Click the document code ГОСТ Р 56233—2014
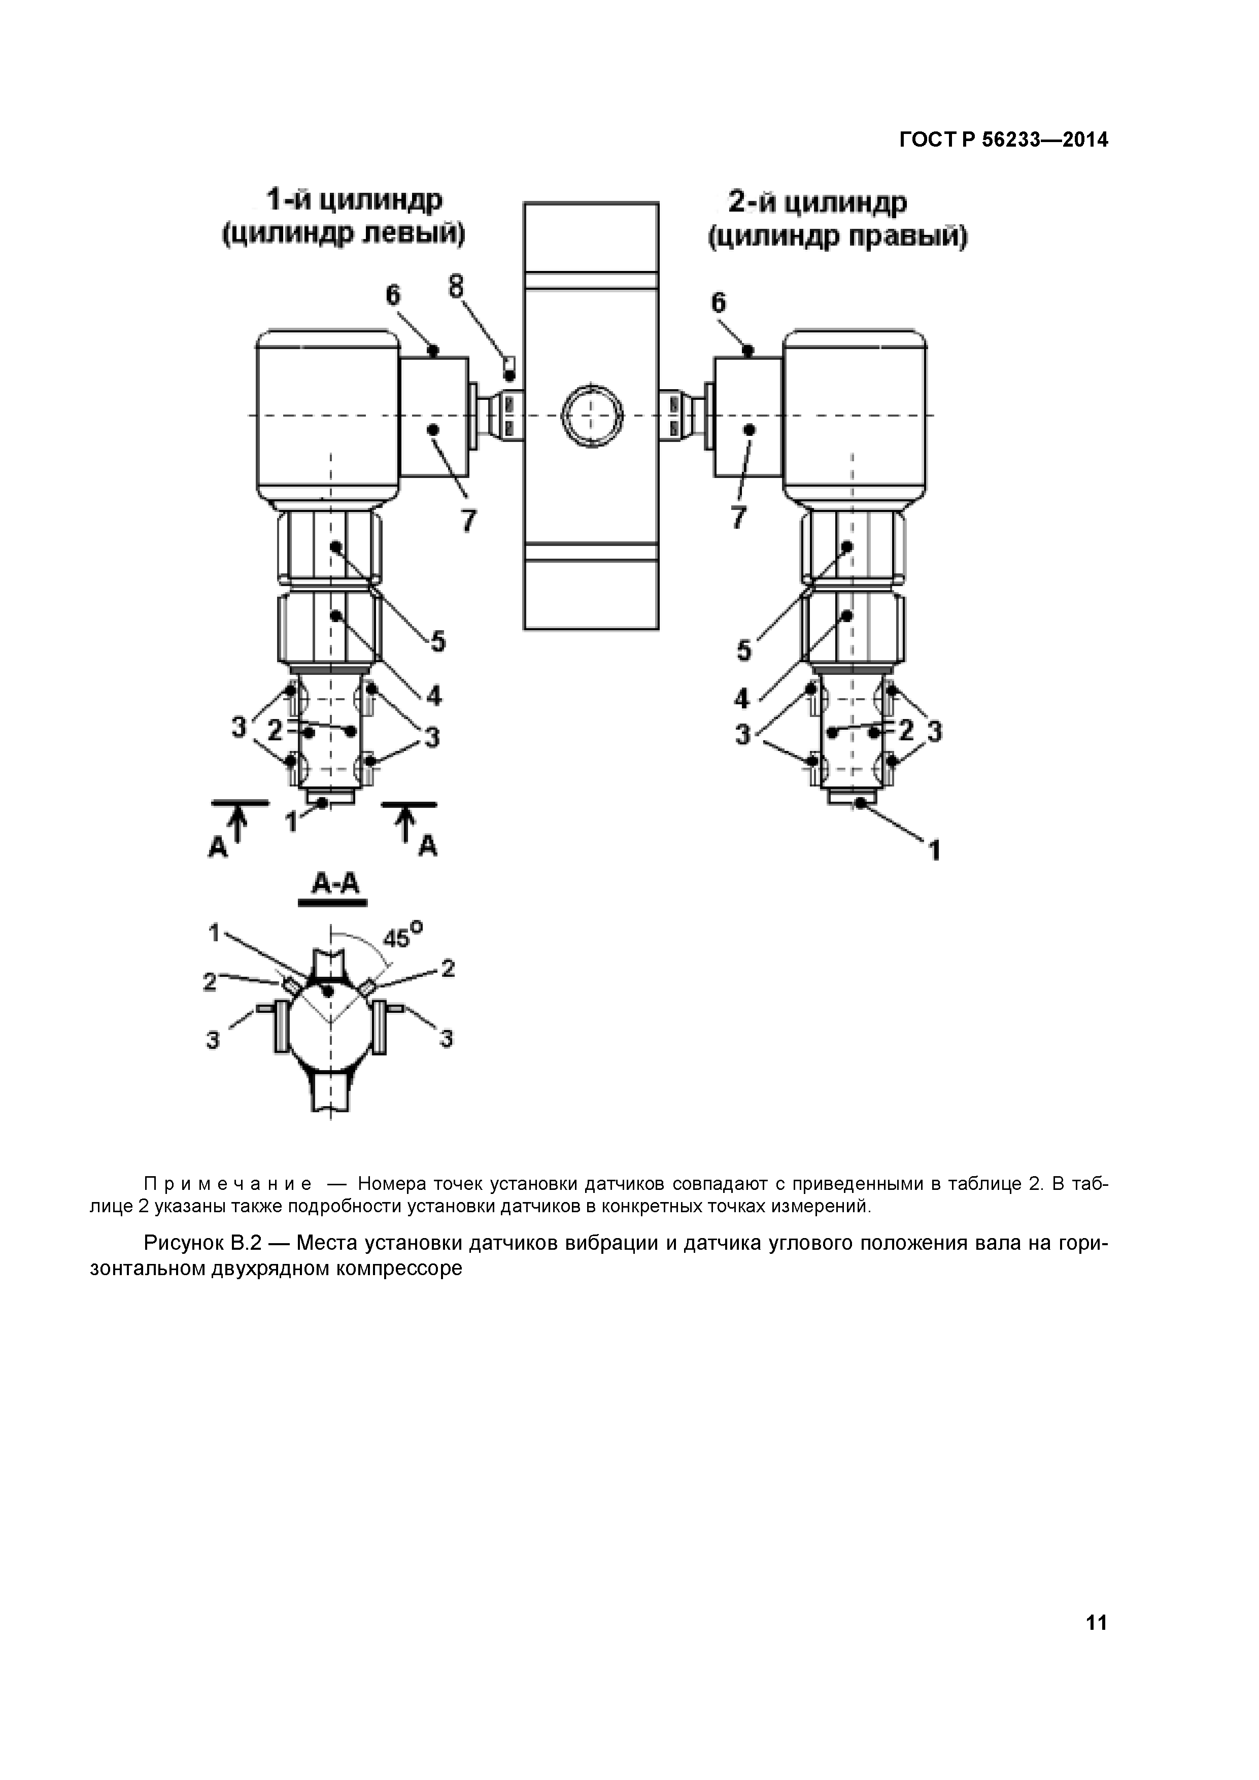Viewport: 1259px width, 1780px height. [1003, 141]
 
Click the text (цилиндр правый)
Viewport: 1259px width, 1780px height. [838, 237]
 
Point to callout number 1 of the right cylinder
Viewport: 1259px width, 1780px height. [935, 850]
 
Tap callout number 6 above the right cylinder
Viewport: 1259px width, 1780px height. [719, 303]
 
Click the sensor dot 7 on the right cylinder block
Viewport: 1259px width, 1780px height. [750, 429]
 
